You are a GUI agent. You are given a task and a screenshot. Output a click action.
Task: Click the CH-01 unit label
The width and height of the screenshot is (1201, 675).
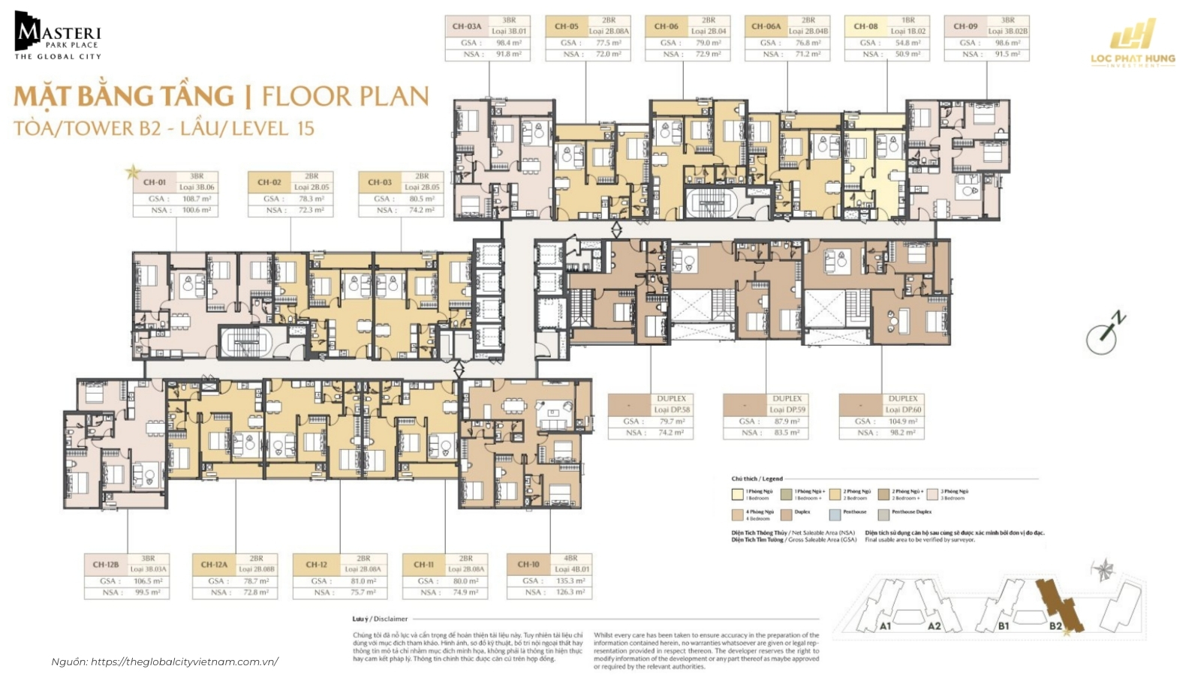point(155,182)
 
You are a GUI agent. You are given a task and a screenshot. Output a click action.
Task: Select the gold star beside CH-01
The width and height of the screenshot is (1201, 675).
point(133,172)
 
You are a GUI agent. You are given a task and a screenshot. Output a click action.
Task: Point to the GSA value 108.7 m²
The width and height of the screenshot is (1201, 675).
point(196,199)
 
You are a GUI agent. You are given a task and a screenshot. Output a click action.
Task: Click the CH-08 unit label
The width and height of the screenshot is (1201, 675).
point(865,26)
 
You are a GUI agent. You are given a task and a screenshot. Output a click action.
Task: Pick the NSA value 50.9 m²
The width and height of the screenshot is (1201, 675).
point(908,54)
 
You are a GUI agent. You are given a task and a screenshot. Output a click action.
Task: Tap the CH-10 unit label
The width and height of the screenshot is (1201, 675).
point(528,564)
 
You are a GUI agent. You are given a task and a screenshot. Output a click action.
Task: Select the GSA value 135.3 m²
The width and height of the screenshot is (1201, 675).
point(570,581)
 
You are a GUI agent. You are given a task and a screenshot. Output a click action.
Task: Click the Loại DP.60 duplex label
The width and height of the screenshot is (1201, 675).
point(903,410)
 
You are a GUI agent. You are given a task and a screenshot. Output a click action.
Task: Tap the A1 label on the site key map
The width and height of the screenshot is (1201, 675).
point(886,625)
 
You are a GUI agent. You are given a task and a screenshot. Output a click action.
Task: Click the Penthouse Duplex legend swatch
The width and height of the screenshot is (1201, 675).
point(883,515)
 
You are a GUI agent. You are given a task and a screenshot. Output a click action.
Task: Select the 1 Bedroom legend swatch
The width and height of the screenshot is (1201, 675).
point(738,495)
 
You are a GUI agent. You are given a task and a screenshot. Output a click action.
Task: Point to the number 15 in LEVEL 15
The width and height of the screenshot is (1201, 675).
point(305,128)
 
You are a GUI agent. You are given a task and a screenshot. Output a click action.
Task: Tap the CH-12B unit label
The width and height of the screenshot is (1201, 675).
point(106,564)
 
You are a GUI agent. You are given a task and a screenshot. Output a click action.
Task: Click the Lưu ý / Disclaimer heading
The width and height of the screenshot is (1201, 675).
point(380,619)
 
